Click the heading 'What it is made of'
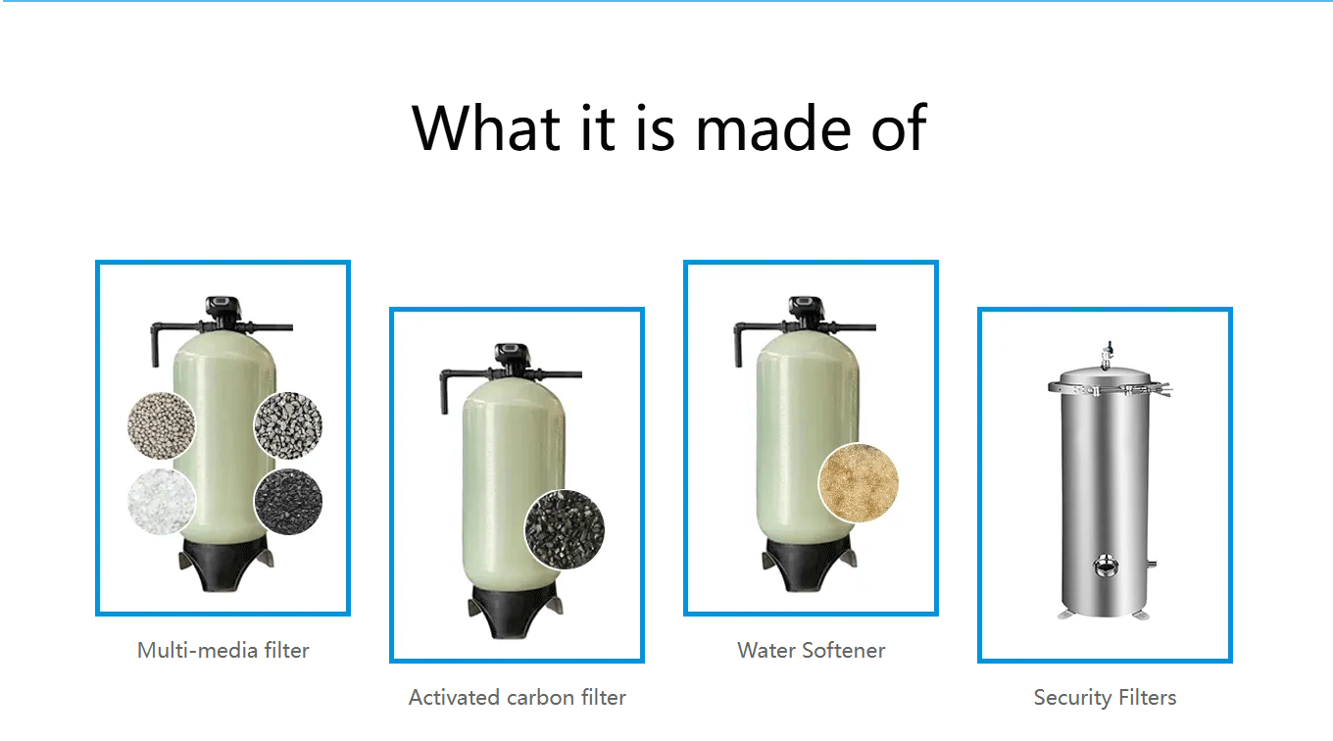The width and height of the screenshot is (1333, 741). [x=668, y=128]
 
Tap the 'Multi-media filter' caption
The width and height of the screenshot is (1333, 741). [x=223, y=651]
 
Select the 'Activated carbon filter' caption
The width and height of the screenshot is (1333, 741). [x=518, y=698]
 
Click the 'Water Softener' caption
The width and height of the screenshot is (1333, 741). [x=812, y=651]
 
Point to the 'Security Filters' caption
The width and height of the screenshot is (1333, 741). [x=1105, y=698]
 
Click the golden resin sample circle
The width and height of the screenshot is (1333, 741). [x=859, y=482]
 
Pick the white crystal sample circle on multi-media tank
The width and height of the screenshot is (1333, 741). [x=162, y=501]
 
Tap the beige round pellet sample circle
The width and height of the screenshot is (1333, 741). [x=162, y=425]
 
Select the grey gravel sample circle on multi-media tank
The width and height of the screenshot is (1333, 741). [x=288, y=425]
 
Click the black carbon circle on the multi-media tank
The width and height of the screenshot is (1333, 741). [x=288, y=501]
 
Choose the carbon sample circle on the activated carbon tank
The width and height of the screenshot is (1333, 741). [x=565, y=529]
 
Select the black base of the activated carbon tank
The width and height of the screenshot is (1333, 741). [x=516, y=613]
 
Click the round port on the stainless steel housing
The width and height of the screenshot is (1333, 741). [x=1105, y=566]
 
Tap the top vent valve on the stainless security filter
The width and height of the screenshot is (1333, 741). [x=1107, y=355]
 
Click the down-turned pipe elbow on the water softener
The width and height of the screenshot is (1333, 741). [x=740, y=344]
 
